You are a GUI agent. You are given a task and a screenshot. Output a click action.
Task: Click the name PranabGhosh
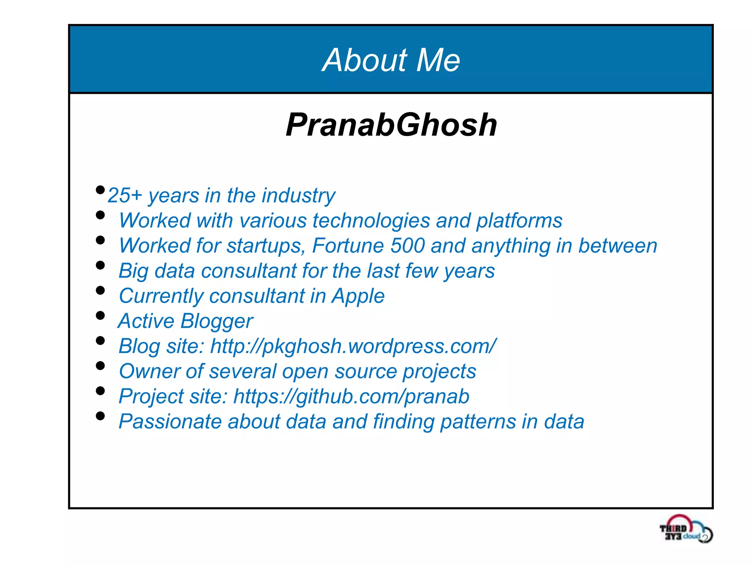[x=391, y=125]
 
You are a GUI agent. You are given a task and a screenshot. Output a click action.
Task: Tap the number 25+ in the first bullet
[x=124, y=195]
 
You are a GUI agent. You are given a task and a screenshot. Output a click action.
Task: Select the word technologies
[x=371, y=221]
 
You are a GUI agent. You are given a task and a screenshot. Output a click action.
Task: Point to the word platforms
[x=519, y=221]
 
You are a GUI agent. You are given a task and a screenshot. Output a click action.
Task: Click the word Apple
[x=358, y=296]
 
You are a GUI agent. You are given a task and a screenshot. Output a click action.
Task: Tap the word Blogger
[x=217, y=321]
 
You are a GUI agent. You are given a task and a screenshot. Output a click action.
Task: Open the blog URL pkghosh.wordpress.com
[x=353, y=347]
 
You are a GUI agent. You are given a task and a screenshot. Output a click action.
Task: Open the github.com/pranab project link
[x=351, y=397]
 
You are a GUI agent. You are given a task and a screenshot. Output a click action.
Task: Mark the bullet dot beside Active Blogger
[x=100, y=315]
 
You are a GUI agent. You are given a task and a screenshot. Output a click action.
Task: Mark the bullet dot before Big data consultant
[x=100, y=265]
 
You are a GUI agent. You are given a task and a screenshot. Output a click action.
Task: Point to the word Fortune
[x=348, y=246]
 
